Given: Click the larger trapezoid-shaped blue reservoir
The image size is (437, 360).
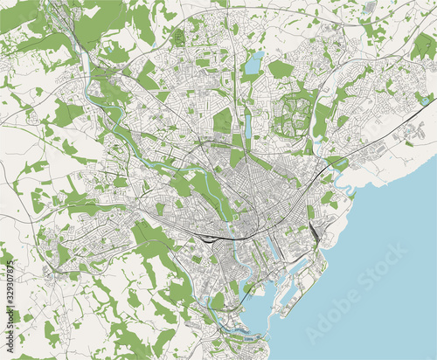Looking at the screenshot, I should point(254,62).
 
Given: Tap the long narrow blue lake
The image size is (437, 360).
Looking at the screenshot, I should point(247,126).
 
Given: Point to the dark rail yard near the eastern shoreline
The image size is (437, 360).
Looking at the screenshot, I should point(314,229).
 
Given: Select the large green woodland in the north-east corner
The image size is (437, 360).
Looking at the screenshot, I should point(423,44).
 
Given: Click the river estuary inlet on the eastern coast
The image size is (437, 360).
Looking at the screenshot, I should point(344,183).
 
